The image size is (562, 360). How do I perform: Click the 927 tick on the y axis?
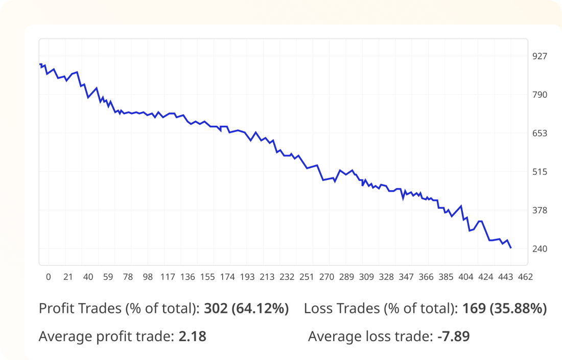pos(540,56)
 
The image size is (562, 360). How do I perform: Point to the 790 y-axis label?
pos(540,95)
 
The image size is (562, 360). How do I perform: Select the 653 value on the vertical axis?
pos(540,133)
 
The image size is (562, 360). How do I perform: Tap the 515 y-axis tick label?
pos(540,172)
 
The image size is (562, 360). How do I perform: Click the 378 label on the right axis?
pos(540,210)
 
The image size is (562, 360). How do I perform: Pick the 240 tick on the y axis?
pos(540,249)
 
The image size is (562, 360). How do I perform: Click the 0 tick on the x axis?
pos(49,277)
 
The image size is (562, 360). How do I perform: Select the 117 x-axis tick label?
pos(168,277)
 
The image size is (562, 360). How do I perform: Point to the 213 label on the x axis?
pos(267,277)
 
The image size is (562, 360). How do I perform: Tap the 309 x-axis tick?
pos(366,277)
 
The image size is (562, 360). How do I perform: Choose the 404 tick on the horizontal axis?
pos(466,277)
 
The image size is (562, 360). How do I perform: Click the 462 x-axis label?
pos(526,277)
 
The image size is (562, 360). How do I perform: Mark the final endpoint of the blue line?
pos(510,248)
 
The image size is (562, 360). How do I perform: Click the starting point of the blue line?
pos(40,64)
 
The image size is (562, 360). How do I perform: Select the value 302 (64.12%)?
pos(246,308)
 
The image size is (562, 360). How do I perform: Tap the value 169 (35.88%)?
pos(504,308)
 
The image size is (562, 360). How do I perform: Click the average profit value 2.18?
pos(192,336)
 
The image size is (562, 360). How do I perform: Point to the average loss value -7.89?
pos(453,336)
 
